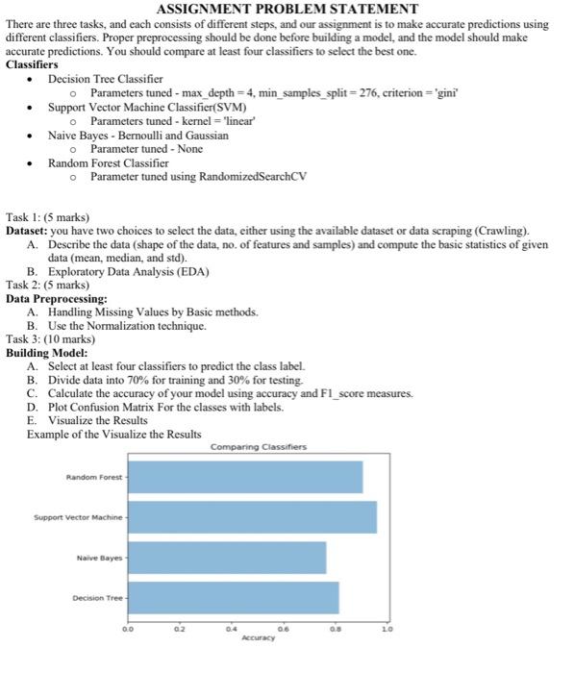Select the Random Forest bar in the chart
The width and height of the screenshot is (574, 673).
[245, 477]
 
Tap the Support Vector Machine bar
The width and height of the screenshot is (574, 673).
[252, 517]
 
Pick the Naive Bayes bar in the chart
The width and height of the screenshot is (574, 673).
[227, 558]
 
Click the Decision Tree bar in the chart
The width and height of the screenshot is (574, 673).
[234, 598]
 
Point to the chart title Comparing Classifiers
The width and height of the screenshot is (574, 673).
[258, 446]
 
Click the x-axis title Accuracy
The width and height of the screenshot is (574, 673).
[258, 636]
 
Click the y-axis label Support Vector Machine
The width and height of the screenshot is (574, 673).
[78, 517]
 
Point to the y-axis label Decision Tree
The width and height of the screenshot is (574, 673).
[98, 598]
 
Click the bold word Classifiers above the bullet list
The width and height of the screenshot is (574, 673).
[32, 64]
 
